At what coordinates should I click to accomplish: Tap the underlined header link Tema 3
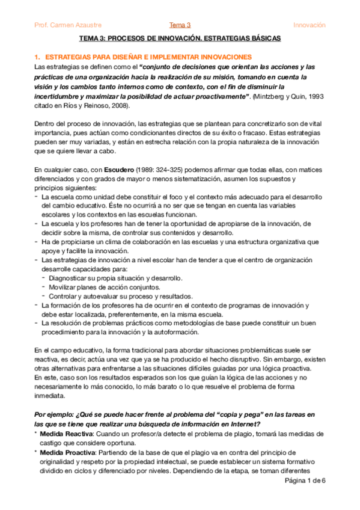tap(180, 25)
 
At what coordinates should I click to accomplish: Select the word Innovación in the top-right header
tap(309, 25)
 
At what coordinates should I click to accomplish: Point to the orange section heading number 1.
tap(37, 56)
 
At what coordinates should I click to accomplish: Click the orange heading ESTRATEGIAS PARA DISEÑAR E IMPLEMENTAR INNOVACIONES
tap(143, 56)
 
